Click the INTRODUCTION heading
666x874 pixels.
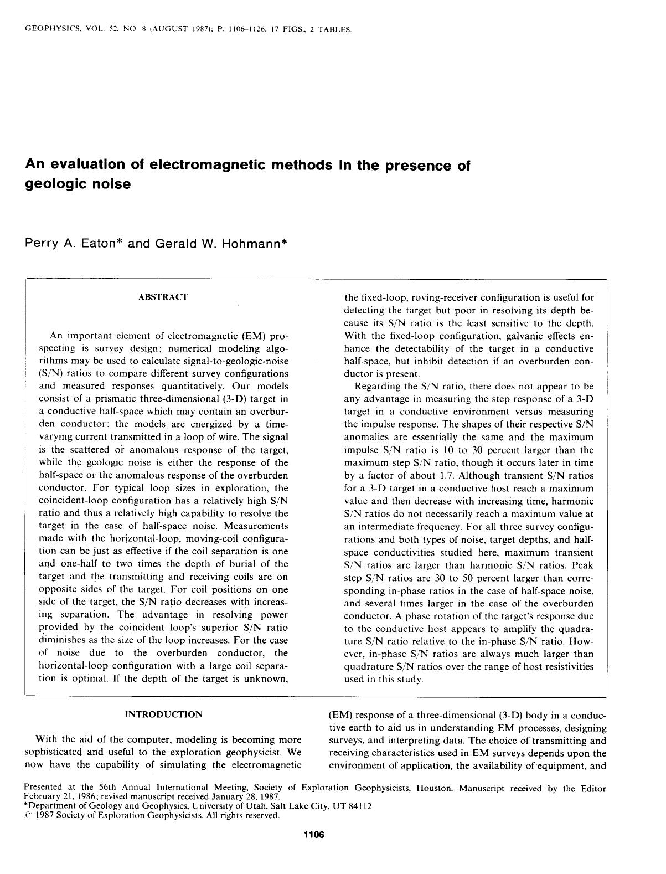(163, 714)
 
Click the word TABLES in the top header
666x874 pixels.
(334, 29)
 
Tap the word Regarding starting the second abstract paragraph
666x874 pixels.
(376, 387)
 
